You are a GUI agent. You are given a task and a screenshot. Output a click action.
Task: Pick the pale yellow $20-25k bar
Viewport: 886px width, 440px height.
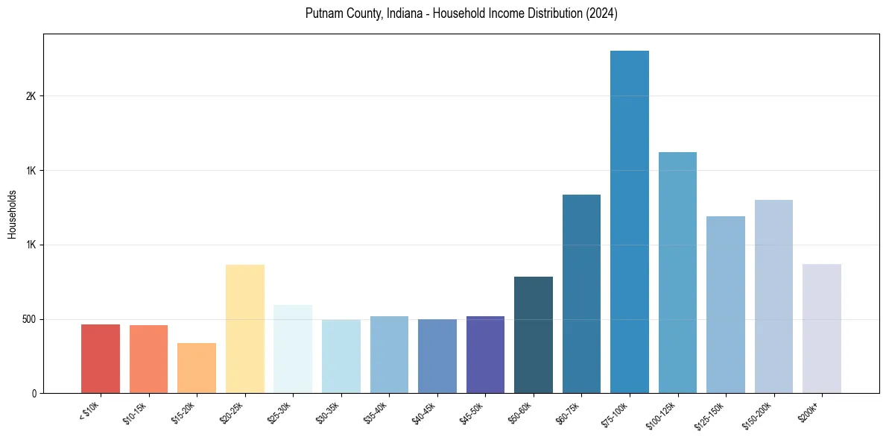[245, 329]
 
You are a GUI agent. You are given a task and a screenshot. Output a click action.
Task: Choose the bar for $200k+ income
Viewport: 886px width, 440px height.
[822, 328]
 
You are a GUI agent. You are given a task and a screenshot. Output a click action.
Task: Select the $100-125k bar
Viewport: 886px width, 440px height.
[677, 272]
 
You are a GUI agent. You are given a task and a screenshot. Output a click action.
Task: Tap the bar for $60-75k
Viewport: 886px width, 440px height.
[581, 294]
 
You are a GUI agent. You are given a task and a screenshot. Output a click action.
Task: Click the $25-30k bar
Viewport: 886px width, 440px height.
[293, 349]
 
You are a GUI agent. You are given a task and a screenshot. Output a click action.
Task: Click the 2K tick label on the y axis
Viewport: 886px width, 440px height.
[31, 96]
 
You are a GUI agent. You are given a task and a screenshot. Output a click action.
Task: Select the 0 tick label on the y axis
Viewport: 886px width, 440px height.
[34, 394]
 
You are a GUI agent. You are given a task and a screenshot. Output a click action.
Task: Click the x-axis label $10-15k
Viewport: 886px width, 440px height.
[135, 412]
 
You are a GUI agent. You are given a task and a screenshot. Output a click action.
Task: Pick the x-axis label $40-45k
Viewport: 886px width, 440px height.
[424, 412]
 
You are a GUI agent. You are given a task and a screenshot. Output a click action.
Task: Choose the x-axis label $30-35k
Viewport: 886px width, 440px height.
[328, 412]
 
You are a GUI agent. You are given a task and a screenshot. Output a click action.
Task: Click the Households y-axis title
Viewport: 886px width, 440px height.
[13, 214]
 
